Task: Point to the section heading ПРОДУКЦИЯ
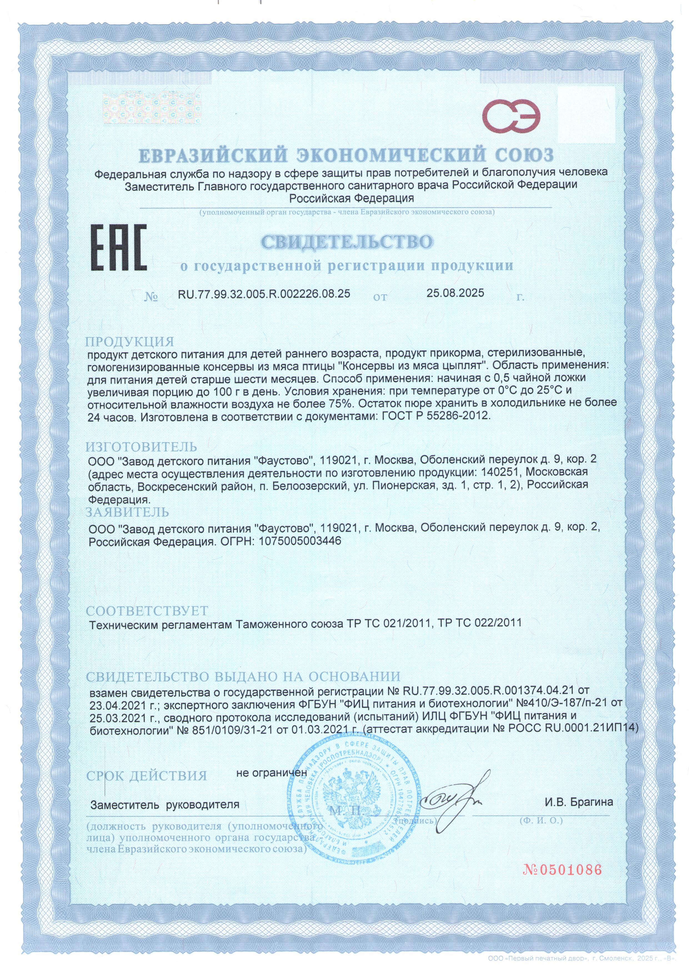[130, 342]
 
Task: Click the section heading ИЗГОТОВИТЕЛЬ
[141, 447]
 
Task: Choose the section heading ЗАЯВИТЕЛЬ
[127, 512]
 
